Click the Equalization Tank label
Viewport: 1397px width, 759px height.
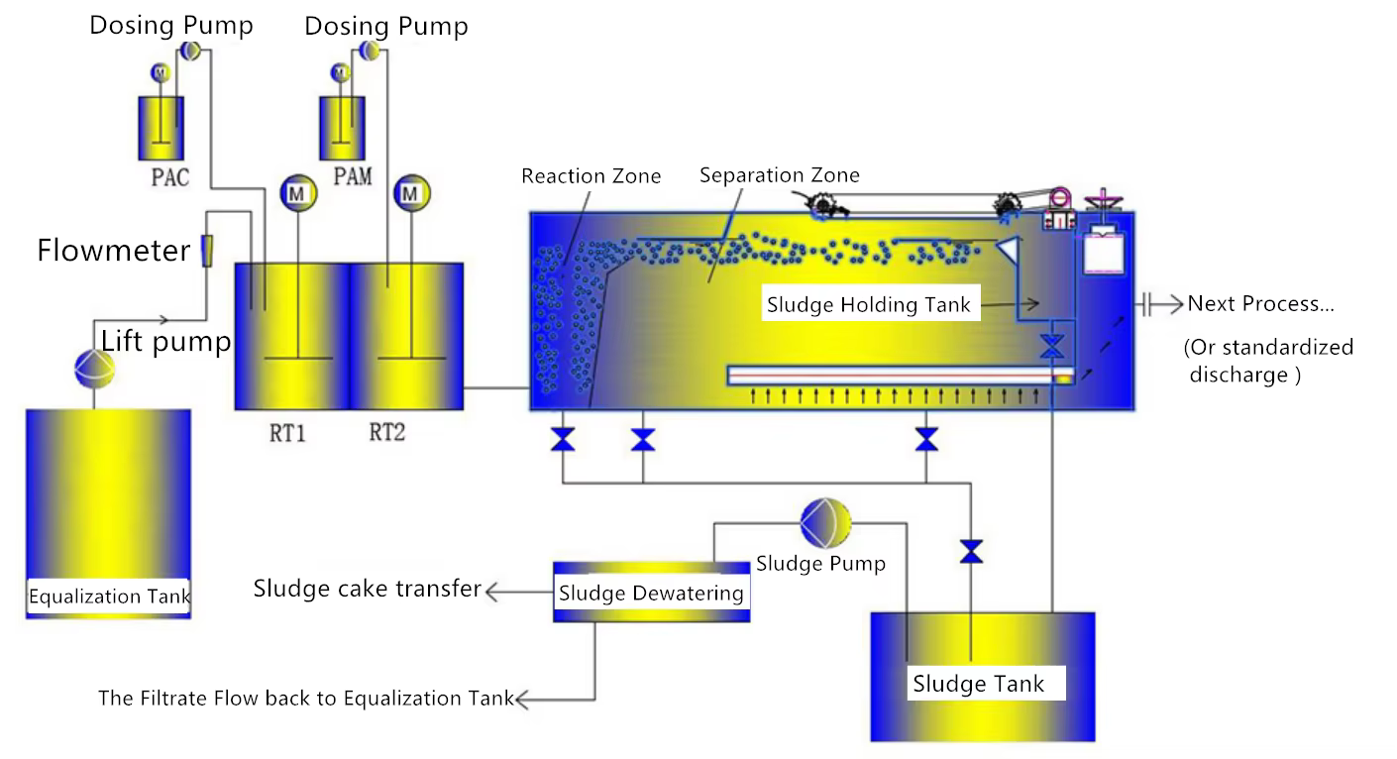pos(109,596)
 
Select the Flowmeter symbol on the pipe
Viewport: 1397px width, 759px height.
pos(206,251)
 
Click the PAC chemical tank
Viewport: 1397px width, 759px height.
pos(164,128)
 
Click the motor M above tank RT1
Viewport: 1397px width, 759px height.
pos(294,194)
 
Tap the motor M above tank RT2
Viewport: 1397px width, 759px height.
pos(408,194)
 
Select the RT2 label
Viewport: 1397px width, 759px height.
pos(386,433)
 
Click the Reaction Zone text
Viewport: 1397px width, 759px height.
pos(591,176)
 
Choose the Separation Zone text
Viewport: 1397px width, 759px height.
pos(779,176)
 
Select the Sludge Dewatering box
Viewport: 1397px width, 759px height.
pos(651,593)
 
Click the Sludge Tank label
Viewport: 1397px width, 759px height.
pos(978,684)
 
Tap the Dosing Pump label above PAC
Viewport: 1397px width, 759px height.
pos(171,25)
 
